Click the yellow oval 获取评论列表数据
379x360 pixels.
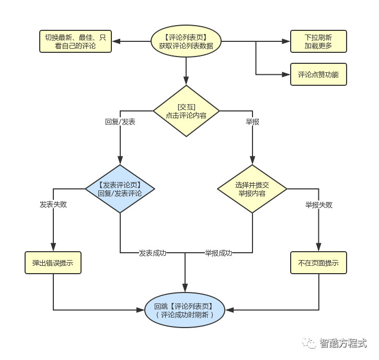coord(186,41)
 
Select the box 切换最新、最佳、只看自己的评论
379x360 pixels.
coord(76,41)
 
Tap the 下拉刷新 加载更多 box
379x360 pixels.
coord(318,41)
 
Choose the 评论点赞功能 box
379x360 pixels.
coord(318,75)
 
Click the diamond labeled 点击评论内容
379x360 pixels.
coord(186,111)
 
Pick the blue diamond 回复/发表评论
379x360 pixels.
coord(120,188)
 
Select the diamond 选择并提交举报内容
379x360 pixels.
coord(252,188)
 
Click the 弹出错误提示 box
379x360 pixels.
coord(53,263)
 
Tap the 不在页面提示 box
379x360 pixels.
coord(318,263)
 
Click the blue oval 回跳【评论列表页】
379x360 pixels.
coord(186,310)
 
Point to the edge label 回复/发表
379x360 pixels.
coord(120,122)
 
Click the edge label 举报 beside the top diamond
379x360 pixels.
coord(252,122)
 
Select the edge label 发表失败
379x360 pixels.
coord(53,205)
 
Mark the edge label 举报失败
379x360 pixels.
coord(318,205)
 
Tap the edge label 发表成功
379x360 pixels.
coord(153,253)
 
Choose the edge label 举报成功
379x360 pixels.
coord(219,253)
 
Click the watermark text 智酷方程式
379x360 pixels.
coord(344,343)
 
